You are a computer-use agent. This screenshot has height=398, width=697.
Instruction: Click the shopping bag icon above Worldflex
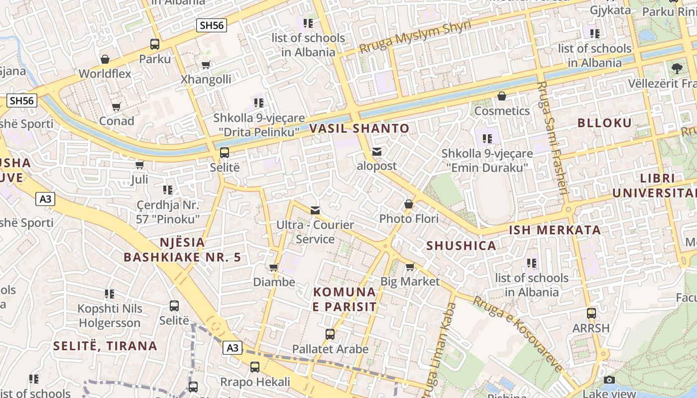[x=105, y=60]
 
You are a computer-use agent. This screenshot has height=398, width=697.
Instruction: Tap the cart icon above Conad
[x=116, y=106]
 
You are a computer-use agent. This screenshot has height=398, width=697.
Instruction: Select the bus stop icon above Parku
[x=155, y=44]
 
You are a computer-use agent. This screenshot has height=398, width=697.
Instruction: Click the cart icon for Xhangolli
[x=206, y=65]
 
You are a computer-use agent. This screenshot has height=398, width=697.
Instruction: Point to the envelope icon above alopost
[x=377, y=152]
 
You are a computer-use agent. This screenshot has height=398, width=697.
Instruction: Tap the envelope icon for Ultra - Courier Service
[x=315, y=210]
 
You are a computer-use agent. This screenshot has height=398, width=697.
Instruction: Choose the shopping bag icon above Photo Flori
[x=409, y=204]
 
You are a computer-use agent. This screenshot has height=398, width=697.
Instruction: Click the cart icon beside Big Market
[x=410, y=267]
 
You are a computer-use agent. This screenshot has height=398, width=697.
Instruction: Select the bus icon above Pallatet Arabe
[x=330, y=334]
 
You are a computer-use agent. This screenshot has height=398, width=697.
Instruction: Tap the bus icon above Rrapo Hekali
[x=255, y=368]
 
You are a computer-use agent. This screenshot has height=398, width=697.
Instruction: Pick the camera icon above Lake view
[x=609, y=380]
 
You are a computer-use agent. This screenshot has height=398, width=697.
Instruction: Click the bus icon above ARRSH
[x=591, y=313]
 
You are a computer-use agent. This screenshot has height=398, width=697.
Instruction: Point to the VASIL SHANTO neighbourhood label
[x=359, y=128]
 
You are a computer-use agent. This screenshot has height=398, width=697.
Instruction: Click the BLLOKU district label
[x=604, y=123]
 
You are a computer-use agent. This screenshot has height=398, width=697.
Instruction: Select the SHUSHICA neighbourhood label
[x=461, y=245]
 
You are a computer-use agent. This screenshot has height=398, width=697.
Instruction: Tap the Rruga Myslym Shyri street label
[x=415, y=38]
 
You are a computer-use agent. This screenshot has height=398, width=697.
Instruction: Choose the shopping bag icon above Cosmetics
[x=502, y=96]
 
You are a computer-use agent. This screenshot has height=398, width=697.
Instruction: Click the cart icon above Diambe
[x=273, y=268]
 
